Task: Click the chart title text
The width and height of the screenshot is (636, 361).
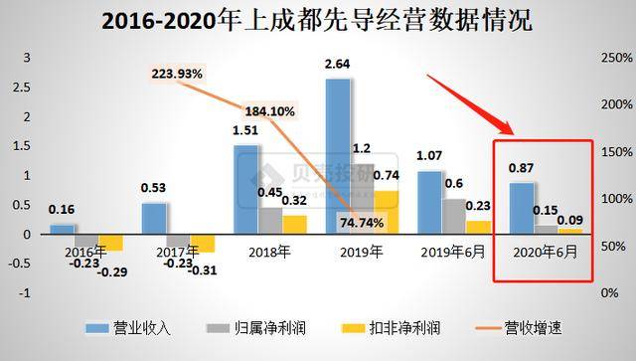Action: click(318, 19)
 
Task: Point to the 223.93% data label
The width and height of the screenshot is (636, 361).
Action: click(178, 74)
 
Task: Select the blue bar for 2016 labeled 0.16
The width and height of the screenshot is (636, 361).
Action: click(62, 230)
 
